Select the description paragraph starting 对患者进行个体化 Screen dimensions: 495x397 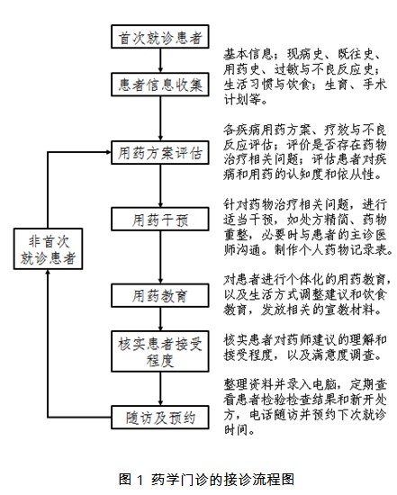point(305,287)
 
